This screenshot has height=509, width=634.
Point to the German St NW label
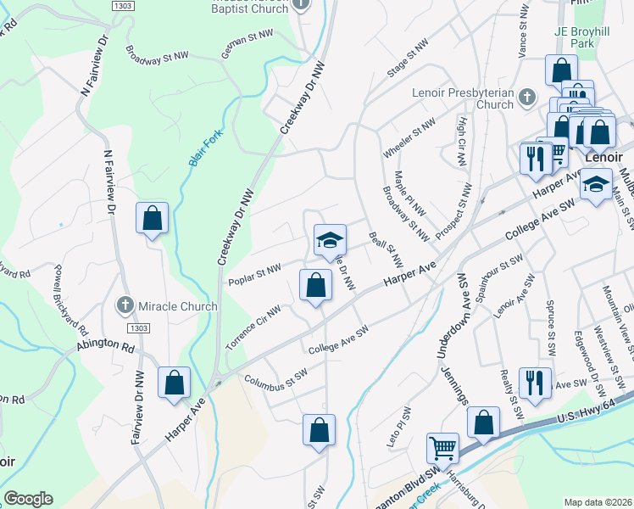coord(247,38)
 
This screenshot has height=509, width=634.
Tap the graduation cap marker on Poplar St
coord(330,241)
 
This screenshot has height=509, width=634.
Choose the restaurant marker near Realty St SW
coord(535,382)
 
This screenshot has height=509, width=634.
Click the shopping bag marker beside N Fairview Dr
coord(152,218)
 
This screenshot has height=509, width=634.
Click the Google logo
coord(28,499)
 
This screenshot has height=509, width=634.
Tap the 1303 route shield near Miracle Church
coord(137,327)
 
